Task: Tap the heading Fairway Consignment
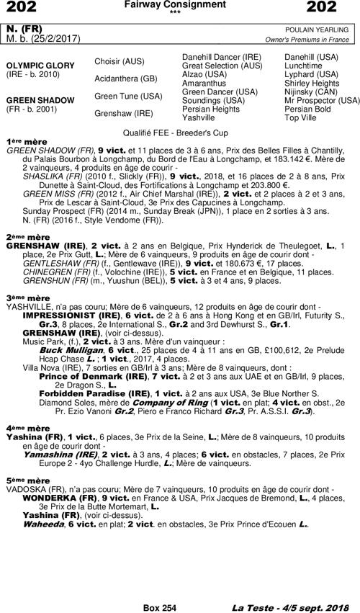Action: click(x=179, y=5)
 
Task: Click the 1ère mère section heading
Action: click(x=20, y=142)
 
